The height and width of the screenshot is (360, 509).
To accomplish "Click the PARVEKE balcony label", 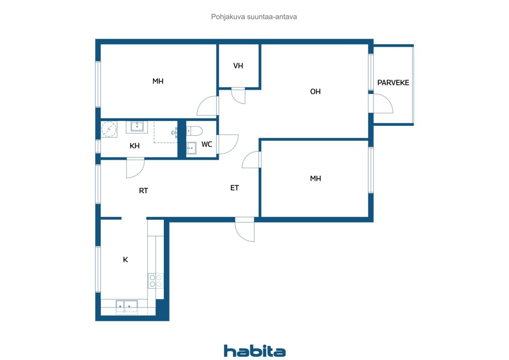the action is pyautogui.click(x=393, y=82).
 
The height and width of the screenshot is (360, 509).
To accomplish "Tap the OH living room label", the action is pyautogui.click(x=315, y=91).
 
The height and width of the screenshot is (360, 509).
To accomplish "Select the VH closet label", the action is pyautogui.click(x=238, y=66).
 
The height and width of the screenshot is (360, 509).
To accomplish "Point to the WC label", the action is pyautogui.click(x=206, y=144).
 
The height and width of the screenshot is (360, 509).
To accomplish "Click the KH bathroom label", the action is pyautogui.click(x=134, y=146).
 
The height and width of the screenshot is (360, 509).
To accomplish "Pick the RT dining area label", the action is pyautogui.click(x=143, y=191).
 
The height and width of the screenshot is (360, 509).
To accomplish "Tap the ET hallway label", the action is pyautogui.click(x=235, y=188).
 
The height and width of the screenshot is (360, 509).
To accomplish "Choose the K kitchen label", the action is pyautogui.click(x=125, y=259).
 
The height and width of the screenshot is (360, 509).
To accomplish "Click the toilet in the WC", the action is pyautogui.click(x=194, y=131).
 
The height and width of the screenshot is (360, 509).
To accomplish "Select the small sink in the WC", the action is pyautogui.click(x=191, y=148).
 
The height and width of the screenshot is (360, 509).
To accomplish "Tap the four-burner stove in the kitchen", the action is pyautogui.click(x=155, y=281).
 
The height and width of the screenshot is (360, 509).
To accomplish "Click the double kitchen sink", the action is pyautogui.click(x=127, y=307).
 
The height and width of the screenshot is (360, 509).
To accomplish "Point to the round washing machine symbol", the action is pyautogui.click(x=109, y=129).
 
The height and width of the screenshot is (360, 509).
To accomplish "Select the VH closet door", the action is pyautogui.click(x=238, y=96).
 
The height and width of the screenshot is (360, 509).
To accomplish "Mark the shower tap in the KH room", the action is pyautogui.click(x=175, y=133).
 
